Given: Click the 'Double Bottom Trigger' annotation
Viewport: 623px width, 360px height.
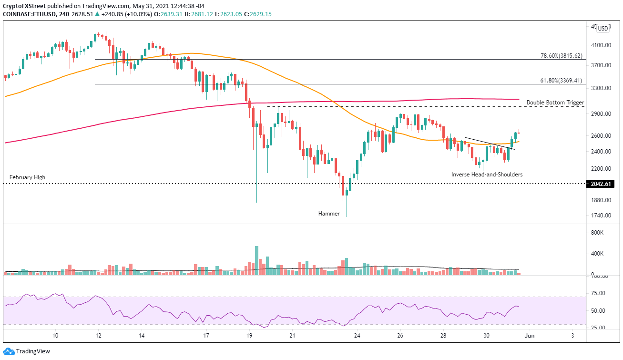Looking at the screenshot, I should pos(555,103).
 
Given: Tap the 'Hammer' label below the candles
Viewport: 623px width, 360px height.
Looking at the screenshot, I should pos(329,214).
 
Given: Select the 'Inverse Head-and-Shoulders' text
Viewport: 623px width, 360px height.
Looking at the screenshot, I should pos(487,175).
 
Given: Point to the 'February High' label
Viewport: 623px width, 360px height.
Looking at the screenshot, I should pos(27,177).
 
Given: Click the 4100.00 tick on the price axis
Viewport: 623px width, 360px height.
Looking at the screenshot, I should pos(601,45).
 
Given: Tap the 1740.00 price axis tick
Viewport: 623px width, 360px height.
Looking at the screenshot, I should pos(601,216).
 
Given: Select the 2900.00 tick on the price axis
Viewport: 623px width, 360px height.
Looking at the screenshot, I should pos(601,114).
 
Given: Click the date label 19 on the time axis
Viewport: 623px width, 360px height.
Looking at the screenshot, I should pos(249,336).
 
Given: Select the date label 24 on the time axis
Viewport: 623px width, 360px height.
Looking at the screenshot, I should pos(357,336).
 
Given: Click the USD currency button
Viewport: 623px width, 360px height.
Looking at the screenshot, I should pos(603,29).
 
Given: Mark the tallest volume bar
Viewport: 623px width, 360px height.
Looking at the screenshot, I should pos(257,260).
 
